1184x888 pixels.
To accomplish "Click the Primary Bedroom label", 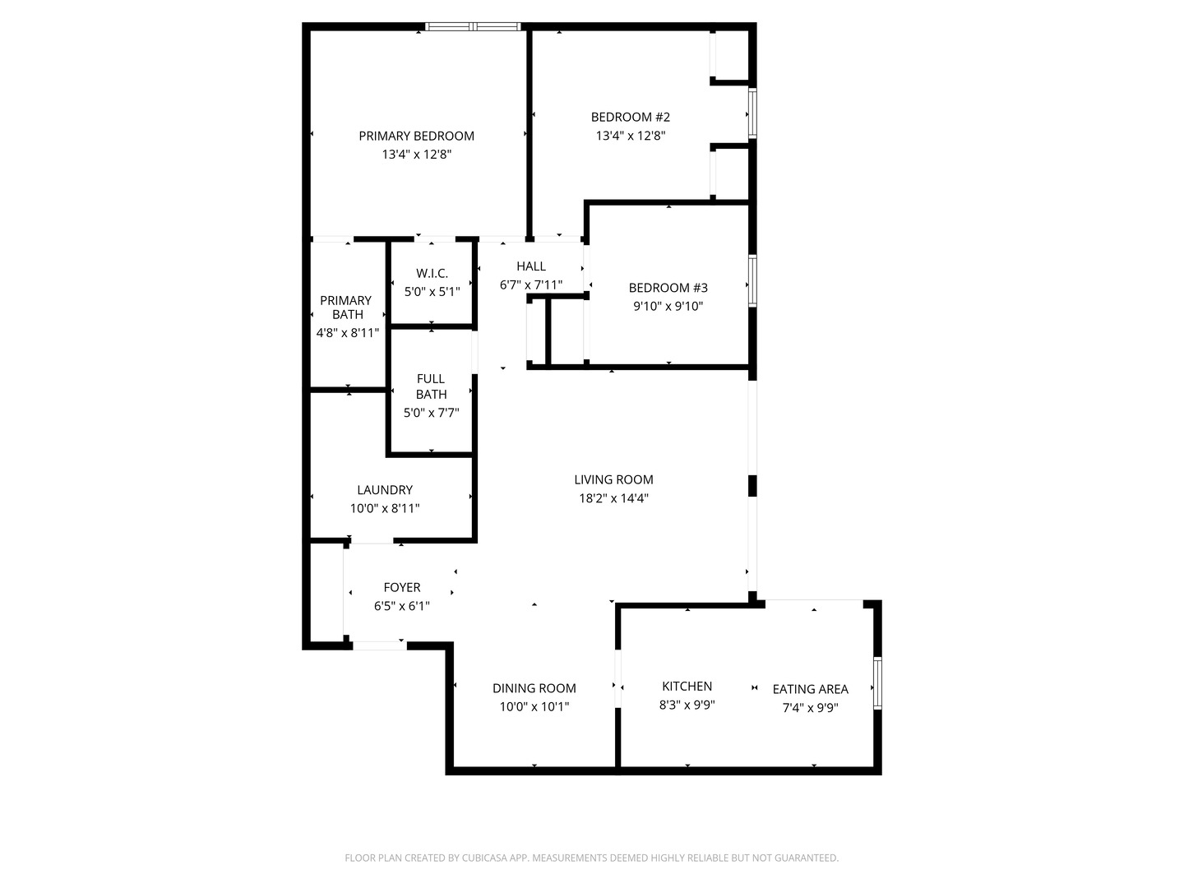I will [416, 136].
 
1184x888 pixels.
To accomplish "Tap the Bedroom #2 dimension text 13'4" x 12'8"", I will [630, 136].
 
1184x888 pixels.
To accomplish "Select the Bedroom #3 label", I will [668, 288].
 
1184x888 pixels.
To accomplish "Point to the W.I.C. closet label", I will [432, 273].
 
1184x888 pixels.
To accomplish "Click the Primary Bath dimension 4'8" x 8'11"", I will [347, 333].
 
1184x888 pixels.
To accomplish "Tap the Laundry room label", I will [385, 490].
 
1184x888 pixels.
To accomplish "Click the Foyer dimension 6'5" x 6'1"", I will [402, 606].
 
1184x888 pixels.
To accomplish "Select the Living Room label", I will [613, 479].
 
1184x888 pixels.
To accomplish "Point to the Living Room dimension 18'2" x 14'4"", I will [613, 497].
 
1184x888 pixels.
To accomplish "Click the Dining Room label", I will [534, 688].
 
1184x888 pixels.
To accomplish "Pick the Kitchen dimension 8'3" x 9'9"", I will [687, 705].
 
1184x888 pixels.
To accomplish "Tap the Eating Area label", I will [810, 689].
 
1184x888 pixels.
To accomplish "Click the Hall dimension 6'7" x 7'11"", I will [531, 285].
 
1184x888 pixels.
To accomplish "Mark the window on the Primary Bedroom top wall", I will [473, 26].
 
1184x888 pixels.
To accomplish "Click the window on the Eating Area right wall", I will [877, 683].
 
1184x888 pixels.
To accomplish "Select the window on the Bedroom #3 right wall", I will [752, 281].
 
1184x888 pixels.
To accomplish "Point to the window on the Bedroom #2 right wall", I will [752, 113].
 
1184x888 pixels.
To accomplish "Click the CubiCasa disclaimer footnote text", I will [591, 858].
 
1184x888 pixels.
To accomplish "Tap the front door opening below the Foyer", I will [379, 645].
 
